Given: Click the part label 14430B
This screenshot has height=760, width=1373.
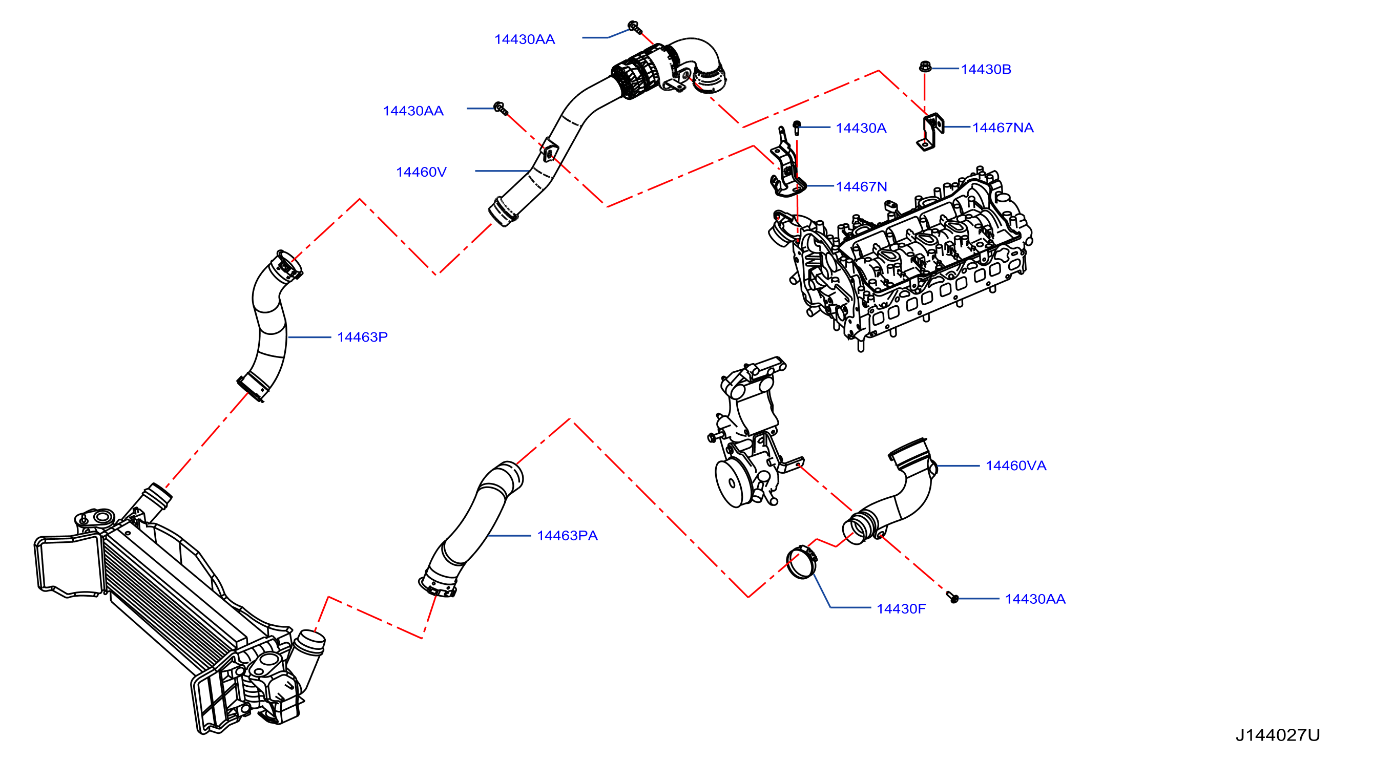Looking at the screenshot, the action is [986, 69].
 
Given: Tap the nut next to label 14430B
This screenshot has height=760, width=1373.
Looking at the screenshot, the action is [925, 67].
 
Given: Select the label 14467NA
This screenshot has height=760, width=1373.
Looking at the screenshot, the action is [1003, 128].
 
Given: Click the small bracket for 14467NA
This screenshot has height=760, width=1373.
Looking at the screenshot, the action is [930, 132].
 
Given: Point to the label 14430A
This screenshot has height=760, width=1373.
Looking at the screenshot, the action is [861, 129].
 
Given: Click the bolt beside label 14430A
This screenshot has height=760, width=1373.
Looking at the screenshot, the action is [797, 128].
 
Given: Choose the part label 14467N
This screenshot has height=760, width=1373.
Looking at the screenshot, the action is [861, 187].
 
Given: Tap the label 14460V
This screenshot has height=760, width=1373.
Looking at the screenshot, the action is [421, 172].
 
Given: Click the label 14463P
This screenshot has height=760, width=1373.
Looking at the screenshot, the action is [362, 337].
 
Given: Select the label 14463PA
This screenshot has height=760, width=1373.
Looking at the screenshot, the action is [567, 536].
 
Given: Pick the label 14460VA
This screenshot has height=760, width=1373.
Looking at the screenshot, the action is [1016, 466].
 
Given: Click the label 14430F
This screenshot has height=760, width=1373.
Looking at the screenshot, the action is [901, 608].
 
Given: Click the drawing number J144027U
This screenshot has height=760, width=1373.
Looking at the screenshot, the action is [1278, 735].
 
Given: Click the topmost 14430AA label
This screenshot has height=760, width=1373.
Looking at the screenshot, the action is [525, 39].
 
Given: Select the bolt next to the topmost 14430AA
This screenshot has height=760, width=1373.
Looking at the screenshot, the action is [634, 27].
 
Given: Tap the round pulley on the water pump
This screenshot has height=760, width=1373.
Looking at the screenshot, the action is [734, 483].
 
